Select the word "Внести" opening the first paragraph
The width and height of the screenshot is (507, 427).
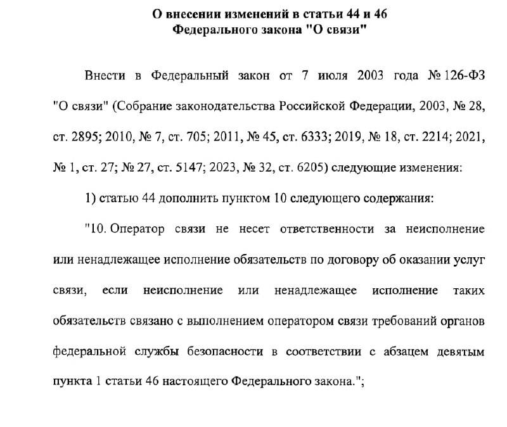(x=105, y=77)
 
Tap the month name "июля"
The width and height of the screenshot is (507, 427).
(x=332, y=77)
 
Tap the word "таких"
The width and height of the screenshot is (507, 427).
(x=468, y=290)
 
